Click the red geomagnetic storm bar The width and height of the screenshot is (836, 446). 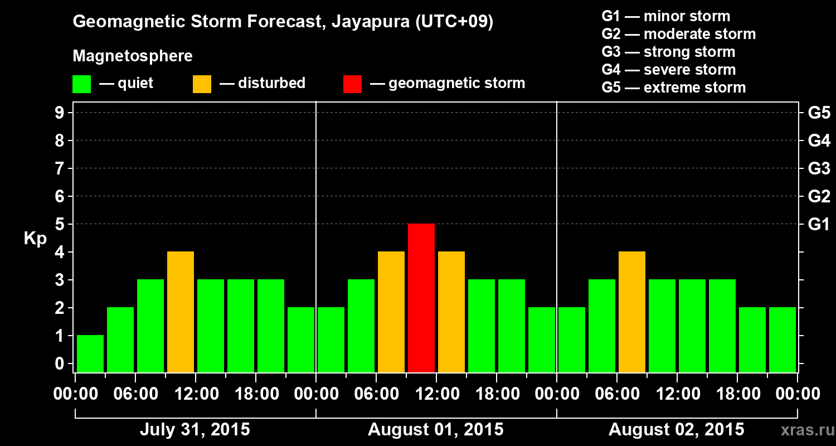click(x=421, y=298)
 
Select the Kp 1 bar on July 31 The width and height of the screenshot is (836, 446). click(x=90, y=353)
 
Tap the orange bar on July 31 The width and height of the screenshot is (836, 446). click(x=181, y=312)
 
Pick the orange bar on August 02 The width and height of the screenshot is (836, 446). click(x=632, y=312)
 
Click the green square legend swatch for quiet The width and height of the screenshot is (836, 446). click(x=81, y=84)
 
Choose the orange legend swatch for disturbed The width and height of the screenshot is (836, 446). click(x=202, y=84)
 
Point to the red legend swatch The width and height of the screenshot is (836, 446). click(x=352, y=84)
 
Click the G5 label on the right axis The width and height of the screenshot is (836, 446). click(x=819, y=113)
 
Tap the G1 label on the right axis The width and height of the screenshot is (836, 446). click(x=819, y=225)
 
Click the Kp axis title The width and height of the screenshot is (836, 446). click(x=35, y=239)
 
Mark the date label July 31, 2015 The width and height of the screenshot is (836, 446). click(x=195, y=430)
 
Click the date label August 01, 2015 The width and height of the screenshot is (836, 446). click(x=435, y=430)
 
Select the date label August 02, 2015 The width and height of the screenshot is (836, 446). click(x=676, y=430)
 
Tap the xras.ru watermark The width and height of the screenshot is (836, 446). click(x=803, y=430)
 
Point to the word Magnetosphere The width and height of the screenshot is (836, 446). click(x=133, y=56)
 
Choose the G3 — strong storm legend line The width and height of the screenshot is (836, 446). click(x=668, y=52)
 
